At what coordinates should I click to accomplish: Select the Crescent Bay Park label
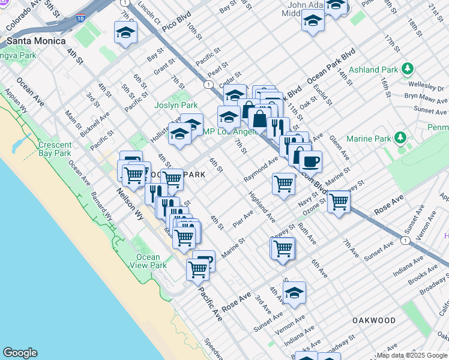coord(55,149)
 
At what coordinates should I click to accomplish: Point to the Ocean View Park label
coord(148,261)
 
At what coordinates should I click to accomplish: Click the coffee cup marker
coord(311,161)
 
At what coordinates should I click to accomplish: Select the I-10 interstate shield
coord(80,19)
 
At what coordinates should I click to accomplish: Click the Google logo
coord(20,353)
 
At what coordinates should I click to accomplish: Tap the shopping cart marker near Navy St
coord(339,202)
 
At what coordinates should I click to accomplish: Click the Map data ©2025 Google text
coord(412,355)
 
